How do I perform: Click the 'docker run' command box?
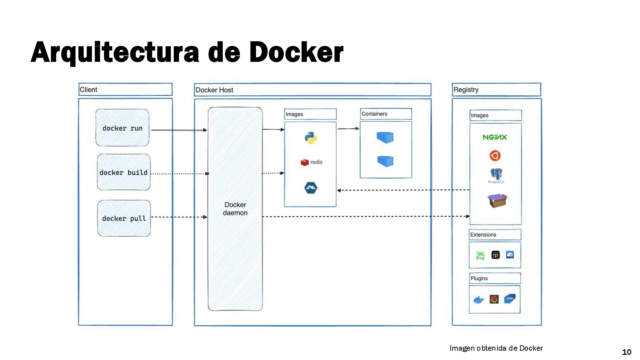[122, 128]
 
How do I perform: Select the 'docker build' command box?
[124, 172]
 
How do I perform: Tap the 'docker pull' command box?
[124, 218]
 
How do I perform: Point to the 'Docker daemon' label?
[235, 209]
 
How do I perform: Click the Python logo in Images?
[311, 138]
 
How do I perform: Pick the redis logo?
[312, 162]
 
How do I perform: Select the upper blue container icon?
[385, 137]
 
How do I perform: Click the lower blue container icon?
[386, 161]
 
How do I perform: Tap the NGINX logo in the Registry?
[495, 137]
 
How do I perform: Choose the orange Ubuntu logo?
[495, 156]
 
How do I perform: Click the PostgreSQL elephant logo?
[496, 174]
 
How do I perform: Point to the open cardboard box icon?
[497, 201]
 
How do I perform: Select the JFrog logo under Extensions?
[480, 255]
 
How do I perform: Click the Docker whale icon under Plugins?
[479, 300]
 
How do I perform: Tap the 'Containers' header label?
[374, 114]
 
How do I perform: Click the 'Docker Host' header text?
[214, 90]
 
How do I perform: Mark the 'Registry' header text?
[466, 90]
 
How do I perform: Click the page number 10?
[627, 352]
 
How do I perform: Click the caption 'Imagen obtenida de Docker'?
[496, 348]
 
